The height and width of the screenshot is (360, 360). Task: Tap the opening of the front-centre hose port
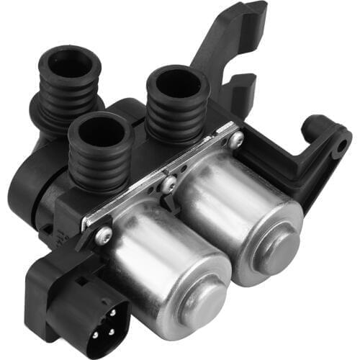(x=101, y=132)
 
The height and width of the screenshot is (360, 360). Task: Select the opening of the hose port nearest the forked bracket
(x=177, y=85)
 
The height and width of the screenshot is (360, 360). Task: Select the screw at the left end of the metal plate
(x=104, y=234)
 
